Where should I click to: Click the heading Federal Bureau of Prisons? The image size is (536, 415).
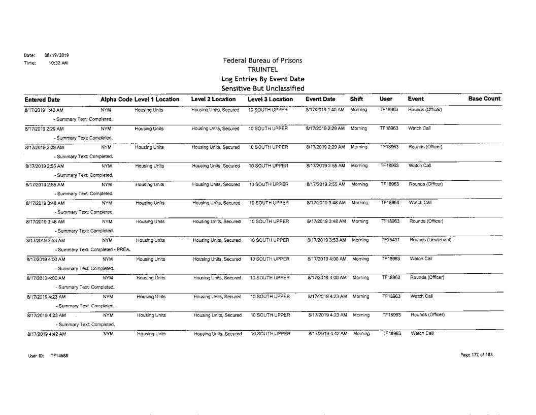click(259, 60)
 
